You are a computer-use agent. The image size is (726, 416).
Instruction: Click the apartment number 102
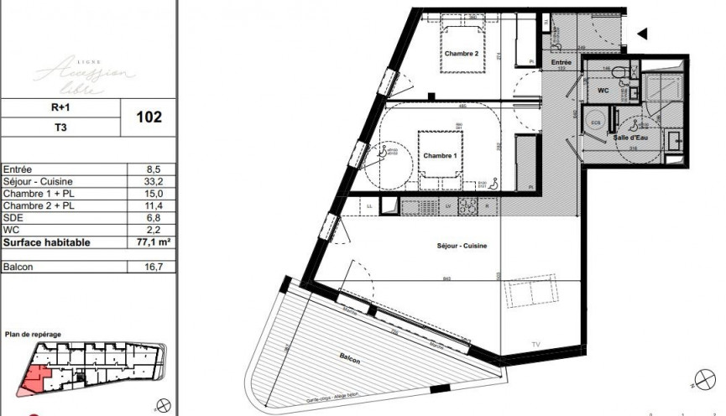coord(149,117)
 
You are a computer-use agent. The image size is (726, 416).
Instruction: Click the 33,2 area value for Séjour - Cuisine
coord(149,180)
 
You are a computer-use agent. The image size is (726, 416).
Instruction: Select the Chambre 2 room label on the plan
coord(461,55)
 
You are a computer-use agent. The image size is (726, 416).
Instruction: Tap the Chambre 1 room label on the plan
coord(440,157)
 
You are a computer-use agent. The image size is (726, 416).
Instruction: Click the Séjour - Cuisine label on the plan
coord(462,246)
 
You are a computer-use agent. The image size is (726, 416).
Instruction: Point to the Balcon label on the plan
coord(350,360)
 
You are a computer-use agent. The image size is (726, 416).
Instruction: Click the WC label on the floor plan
coord(603,89)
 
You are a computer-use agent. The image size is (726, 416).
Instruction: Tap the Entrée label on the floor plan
coord(561,63)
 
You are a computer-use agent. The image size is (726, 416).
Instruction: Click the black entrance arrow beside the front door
coord(644,34)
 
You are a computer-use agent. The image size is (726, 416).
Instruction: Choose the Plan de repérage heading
coord(33,335)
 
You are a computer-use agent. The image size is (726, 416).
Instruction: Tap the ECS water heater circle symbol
coord(596,121)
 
